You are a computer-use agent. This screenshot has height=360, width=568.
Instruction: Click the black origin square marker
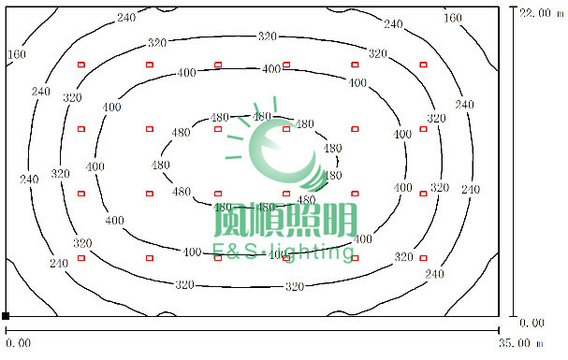click(x=6, y=316)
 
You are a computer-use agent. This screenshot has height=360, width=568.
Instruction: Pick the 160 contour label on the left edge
click(x=16, y=54)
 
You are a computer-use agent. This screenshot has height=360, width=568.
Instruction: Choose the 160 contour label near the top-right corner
click(x=453, y=18)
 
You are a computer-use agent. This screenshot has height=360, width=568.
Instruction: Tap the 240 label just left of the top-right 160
click(x=394, y=23)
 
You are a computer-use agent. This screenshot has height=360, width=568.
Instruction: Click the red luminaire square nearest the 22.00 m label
click(x=423, y=65)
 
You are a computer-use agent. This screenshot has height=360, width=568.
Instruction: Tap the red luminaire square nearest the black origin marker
click(x=81, y=257)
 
